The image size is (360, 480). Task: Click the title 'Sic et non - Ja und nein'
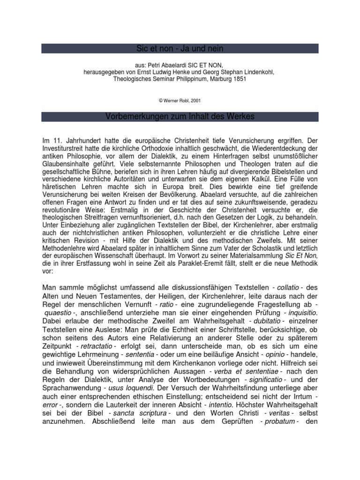click(x=180, y=48)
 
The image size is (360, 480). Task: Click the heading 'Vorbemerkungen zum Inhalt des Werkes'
click(x=180, y=116)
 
